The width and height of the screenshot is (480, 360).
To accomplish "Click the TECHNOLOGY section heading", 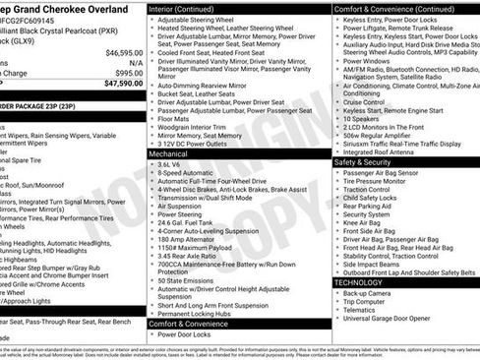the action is click(359, 282).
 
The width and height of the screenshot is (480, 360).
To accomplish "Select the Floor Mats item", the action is click(176, 118).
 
